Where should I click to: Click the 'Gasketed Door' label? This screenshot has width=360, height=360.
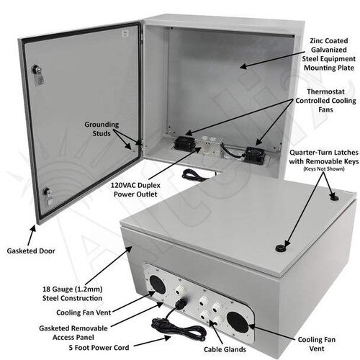coord(31,251)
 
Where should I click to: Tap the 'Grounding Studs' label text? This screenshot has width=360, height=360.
coord(102,129)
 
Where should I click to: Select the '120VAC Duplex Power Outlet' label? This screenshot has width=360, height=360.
coord(135,189)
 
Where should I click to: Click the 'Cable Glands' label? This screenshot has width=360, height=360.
coord(225,349)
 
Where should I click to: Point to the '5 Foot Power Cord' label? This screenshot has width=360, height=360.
coord(99,348)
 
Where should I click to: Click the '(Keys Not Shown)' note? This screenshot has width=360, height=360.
coord(324,169)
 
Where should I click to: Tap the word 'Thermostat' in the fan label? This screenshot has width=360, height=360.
coord(325,91)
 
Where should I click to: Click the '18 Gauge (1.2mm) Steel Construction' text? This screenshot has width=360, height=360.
coord(72,294)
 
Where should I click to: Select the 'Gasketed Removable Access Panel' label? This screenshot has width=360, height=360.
coord(73,333)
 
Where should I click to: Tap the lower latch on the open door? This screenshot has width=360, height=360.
coord(48,196)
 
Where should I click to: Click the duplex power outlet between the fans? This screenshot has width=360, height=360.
coord(208,145)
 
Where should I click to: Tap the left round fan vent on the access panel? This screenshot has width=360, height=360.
coord(158,285)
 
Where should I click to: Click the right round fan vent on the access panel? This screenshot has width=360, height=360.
coord(238,322)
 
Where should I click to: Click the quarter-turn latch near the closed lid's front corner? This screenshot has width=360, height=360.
coord(280,248)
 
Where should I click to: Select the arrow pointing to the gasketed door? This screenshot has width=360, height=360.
coord(32,235)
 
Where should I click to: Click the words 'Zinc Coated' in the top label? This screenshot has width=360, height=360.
coord(329,41)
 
